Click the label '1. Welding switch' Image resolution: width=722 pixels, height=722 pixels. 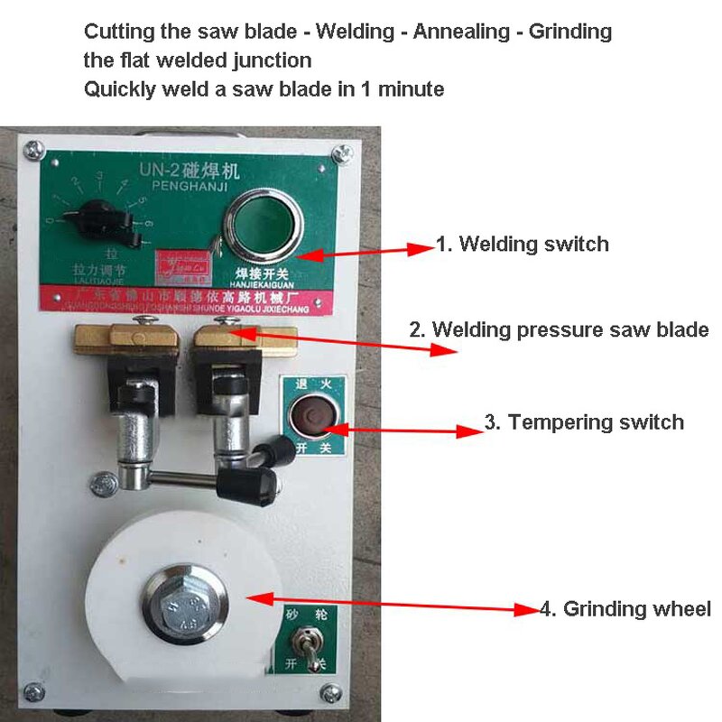point(522,244)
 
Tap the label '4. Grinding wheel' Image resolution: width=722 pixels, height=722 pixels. point(625,608)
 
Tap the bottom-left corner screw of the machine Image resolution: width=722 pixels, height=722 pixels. point(34,692)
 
